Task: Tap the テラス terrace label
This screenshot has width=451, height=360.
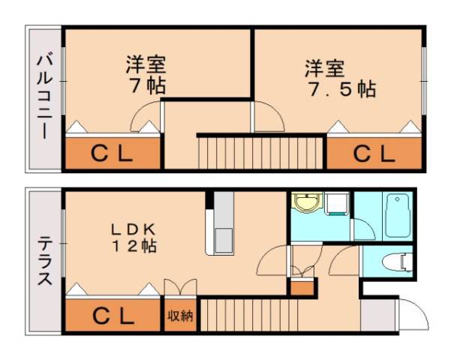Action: coord(44,261)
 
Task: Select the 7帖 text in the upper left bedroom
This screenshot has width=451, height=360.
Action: coord(146,85)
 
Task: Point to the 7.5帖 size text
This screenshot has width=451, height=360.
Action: coord(341,89)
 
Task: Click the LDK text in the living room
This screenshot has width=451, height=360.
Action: coord(135,227)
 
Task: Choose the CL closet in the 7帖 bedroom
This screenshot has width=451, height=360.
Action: coord(113,154)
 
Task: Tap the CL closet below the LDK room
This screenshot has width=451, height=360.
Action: coord(113,315)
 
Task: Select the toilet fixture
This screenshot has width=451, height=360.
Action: coord(395,262)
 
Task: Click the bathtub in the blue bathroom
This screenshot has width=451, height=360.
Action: coord(395,216)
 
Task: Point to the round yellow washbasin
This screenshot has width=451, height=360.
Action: coord(305,203)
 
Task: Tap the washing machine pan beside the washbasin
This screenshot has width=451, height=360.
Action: coord(337,203)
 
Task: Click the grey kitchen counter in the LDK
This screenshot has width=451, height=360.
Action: coord(223,225)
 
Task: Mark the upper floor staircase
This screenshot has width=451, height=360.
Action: coord(259,152)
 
